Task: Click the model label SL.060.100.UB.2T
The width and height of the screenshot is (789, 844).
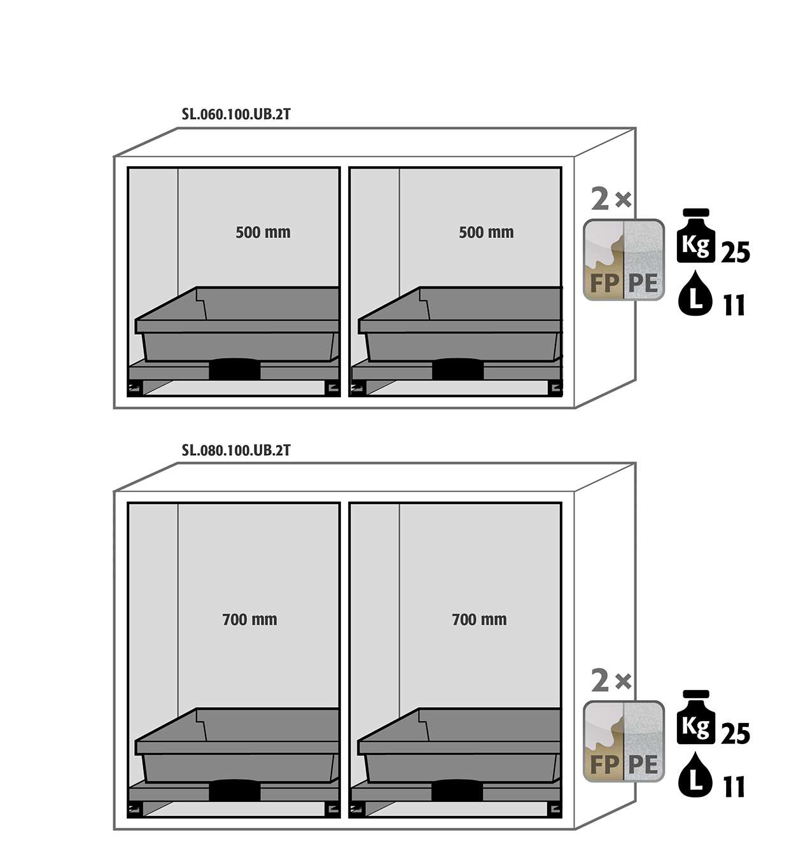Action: [236, 115]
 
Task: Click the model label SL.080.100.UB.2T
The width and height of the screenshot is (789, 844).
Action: [236, 450]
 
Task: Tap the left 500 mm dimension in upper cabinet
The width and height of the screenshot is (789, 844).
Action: [263, 232]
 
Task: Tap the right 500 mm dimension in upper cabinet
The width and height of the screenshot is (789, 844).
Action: [486, 232]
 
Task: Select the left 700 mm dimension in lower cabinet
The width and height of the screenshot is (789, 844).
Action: [250, 619]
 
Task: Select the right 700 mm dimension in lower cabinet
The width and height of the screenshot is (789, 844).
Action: [479, 619]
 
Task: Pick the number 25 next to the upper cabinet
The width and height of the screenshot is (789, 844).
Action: [735, 252]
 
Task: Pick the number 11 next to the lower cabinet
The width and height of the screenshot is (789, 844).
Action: [734, 787]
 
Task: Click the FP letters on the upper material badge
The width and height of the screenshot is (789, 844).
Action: [604, 283]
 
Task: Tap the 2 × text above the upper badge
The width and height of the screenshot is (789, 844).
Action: [611, 199]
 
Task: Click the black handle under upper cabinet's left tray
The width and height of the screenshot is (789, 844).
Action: [235, 369]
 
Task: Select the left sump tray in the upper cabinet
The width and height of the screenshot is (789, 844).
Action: [237, 324]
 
